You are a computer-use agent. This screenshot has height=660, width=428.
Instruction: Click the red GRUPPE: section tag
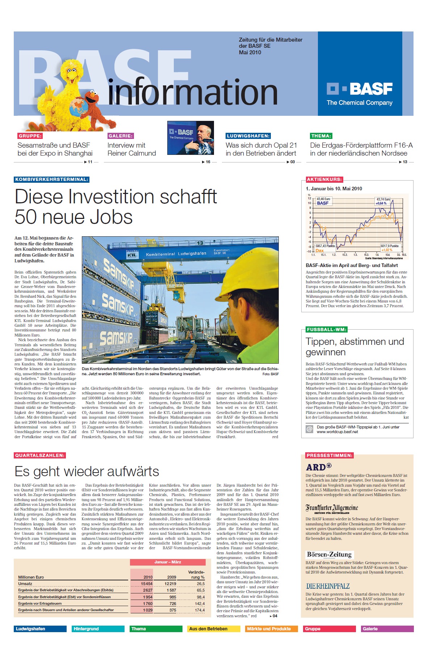[x=30, y=136]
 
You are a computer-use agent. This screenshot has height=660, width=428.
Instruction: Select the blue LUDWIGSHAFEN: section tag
[x=248, y=136]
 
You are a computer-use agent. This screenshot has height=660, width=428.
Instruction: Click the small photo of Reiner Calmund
[x=190, y=138]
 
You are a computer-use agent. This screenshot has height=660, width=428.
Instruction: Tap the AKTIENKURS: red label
[x=324, y=179]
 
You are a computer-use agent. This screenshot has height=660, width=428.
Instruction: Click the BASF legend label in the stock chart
[x=323, y=203]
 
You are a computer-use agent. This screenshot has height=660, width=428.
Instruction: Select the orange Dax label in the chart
[x=319, y=250]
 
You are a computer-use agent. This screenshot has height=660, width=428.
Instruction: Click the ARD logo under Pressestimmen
[x=319, y=467]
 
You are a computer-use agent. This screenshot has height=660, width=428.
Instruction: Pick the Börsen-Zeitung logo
[x=329, y=555]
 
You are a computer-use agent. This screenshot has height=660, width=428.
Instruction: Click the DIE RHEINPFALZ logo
[x=328, y=586]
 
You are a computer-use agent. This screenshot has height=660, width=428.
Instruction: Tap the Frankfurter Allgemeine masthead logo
[x=331, y=508]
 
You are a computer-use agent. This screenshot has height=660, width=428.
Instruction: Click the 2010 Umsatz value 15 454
[x=147, y=584]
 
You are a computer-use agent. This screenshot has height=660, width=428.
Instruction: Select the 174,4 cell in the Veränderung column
[x=200, y=610]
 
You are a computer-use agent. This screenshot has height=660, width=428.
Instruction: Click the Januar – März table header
[x=168, y=562]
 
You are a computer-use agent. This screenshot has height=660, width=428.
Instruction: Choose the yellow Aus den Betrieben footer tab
[x=214, y=629]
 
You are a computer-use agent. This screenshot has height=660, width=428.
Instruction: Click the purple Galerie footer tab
[x=387, y=629]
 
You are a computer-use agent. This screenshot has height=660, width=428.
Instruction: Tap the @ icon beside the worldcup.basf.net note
[x=309, y=429]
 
